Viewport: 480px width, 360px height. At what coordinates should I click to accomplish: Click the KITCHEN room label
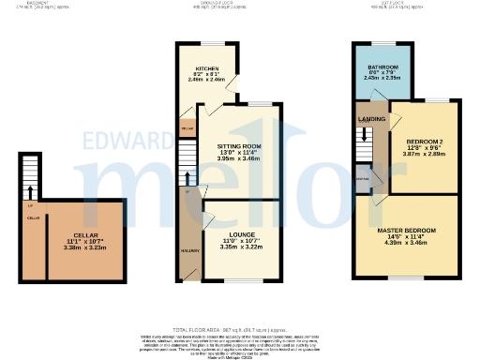click(207, 69)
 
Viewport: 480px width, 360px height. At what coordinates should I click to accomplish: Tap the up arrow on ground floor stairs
click(189, 179)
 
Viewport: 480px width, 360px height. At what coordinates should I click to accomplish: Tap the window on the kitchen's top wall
click(213, 43)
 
